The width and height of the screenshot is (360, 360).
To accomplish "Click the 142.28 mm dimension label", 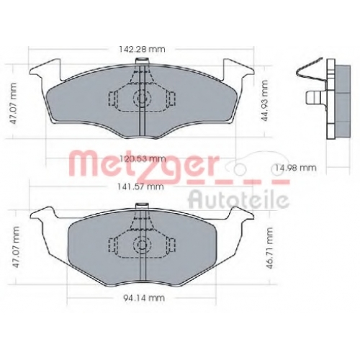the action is click(142, 49).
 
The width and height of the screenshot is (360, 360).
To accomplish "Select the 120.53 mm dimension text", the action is click(143, 158).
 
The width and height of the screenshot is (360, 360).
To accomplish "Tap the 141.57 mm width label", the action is click(140, 186).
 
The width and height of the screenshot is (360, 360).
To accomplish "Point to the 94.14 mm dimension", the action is click(144, 298).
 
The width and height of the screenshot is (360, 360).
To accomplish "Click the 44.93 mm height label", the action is click(264, 101).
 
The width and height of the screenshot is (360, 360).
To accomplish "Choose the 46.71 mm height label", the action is click(270, 248).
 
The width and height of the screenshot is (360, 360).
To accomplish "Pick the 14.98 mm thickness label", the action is click(295, 168).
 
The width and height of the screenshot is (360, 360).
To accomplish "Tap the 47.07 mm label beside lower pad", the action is click(15, 247).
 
